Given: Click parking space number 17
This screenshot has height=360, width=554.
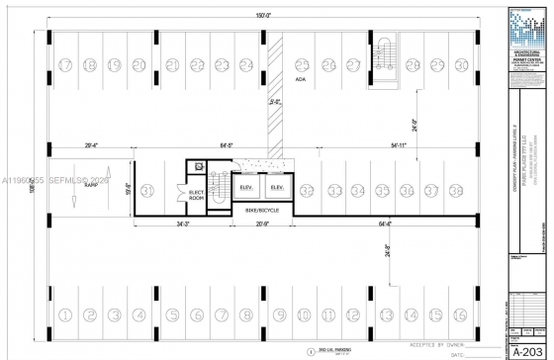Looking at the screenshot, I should point(65,65).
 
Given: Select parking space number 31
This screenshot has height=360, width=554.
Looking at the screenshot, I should point(147,190).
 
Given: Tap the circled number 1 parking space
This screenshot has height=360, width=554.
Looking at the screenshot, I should point(65,315).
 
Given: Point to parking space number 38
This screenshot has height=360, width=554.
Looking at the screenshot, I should point(456,190).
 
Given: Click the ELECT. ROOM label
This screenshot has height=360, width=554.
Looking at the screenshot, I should point(197,195).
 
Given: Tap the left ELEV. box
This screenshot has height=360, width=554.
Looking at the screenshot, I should point(247,188).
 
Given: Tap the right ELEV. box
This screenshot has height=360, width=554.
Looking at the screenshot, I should point(277,188).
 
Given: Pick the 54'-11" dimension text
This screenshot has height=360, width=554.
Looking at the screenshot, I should point(399,145).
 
